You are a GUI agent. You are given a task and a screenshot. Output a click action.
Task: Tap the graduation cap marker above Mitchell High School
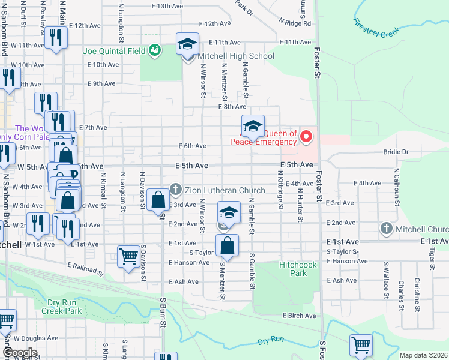(x=187, y=44)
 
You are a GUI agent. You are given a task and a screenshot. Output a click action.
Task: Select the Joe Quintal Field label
(x=114, y=51)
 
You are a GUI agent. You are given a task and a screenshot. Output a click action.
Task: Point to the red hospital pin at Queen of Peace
(x=307, y=137)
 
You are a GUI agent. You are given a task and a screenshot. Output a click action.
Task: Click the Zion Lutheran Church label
(x=225, y=191)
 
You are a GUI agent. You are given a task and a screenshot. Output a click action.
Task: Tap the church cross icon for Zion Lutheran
(x=176, y=190)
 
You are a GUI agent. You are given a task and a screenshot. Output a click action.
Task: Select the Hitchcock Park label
(x=293, y=269)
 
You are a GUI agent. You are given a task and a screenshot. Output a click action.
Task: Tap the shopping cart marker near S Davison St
(x=128, y=257)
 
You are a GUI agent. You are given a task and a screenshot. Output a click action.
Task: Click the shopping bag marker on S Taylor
(x=228, y=246)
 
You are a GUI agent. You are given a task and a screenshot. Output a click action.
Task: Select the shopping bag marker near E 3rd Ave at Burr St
(x=158, y=200)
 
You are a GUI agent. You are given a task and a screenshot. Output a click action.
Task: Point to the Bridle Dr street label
(x=396, y=152)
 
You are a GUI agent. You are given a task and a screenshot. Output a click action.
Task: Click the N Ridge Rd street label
(x=295, y=23)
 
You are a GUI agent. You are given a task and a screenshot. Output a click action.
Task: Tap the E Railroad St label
(x=77, y=267)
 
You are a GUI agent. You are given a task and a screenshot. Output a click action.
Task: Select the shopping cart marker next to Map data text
(x=361, y=345)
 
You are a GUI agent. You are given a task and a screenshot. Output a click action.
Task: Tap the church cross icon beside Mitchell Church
(x=387, y=229)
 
